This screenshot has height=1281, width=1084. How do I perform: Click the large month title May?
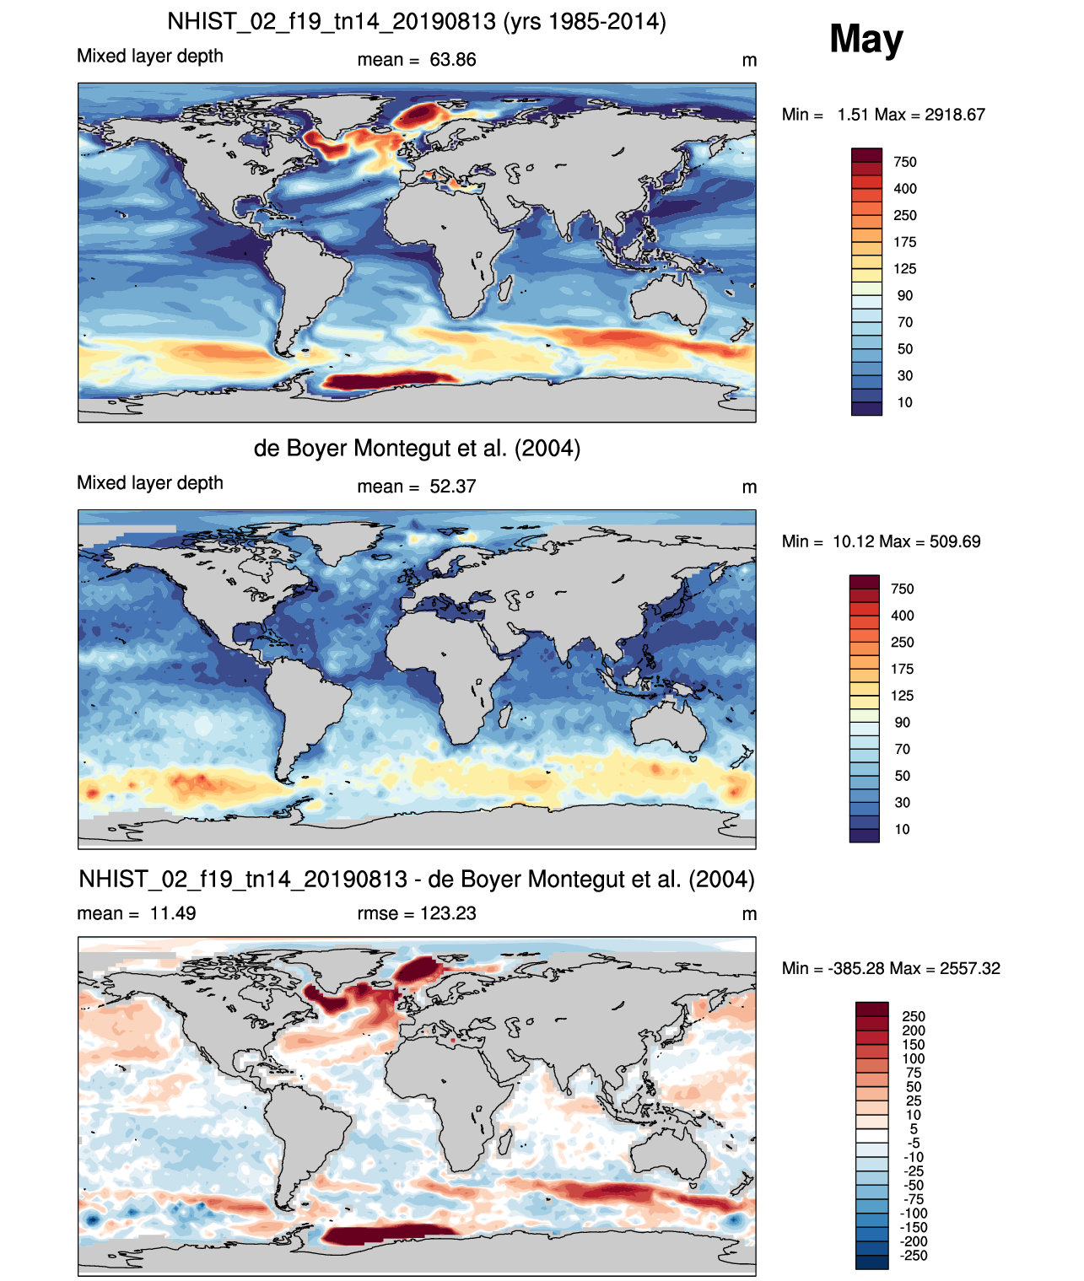pyautogui.click(x=866, y=39)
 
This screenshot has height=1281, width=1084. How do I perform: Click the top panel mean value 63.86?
pyautogui.click(x=452, y=60)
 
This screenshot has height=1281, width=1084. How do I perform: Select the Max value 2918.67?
pyautogui.click(x=954, y=115)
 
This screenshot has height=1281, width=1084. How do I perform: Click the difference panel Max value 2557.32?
pyautogui.click(x=970, y=969)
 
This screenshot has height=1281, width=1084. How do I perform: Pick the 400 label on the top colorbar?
pyautogui.click(x=905, y=189)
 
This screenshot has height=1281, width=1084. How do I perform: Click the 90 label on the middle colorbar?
pyautogui.click(x=903, y=723)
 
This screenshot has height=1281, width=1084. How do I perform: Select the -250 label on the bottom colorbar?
pyautogui.click(x=914, y=1256)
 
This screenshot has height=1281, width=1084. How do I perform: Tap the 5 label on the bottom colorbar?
pyautogui.click(x=914, y=1129)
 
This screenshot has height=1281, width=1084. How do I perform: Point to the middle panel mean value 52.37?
pyautogui.click(x=452, y=487)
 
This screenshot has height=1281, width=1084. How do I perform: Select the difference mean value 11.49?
pyautogui.click(x=173, y=913)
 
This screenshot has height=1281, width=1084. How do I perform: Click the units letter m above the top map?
pyautogui.click(x=749, y=61)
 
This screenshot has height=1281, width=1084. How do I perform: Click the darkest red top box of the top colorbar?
pyautogui.click(x=866, y=155)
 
